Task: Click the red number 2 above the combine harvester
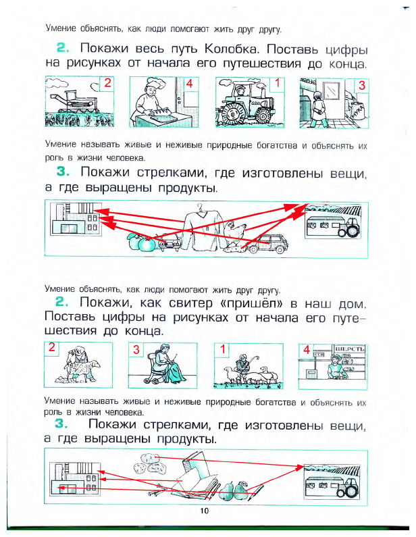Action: (106, 84)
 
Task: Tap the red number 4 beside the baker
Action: (190, 84)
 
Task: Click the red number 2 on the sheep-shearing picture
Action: (51, 349)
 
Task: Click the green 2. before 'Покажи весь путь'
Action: (63, 49)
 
